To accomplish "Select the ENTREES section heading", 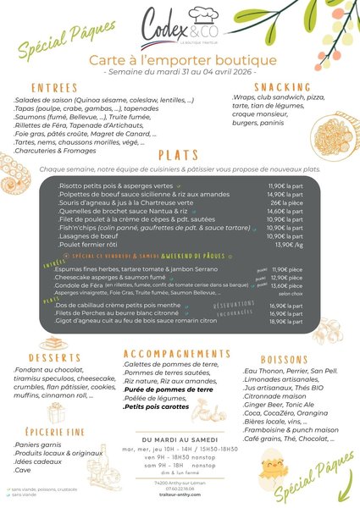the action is click(x=57, y=87).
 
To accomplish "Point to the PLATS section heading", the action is click(x=179, y=156).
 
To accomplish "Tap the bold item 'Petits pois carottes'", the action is click(x=158, y=406).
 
